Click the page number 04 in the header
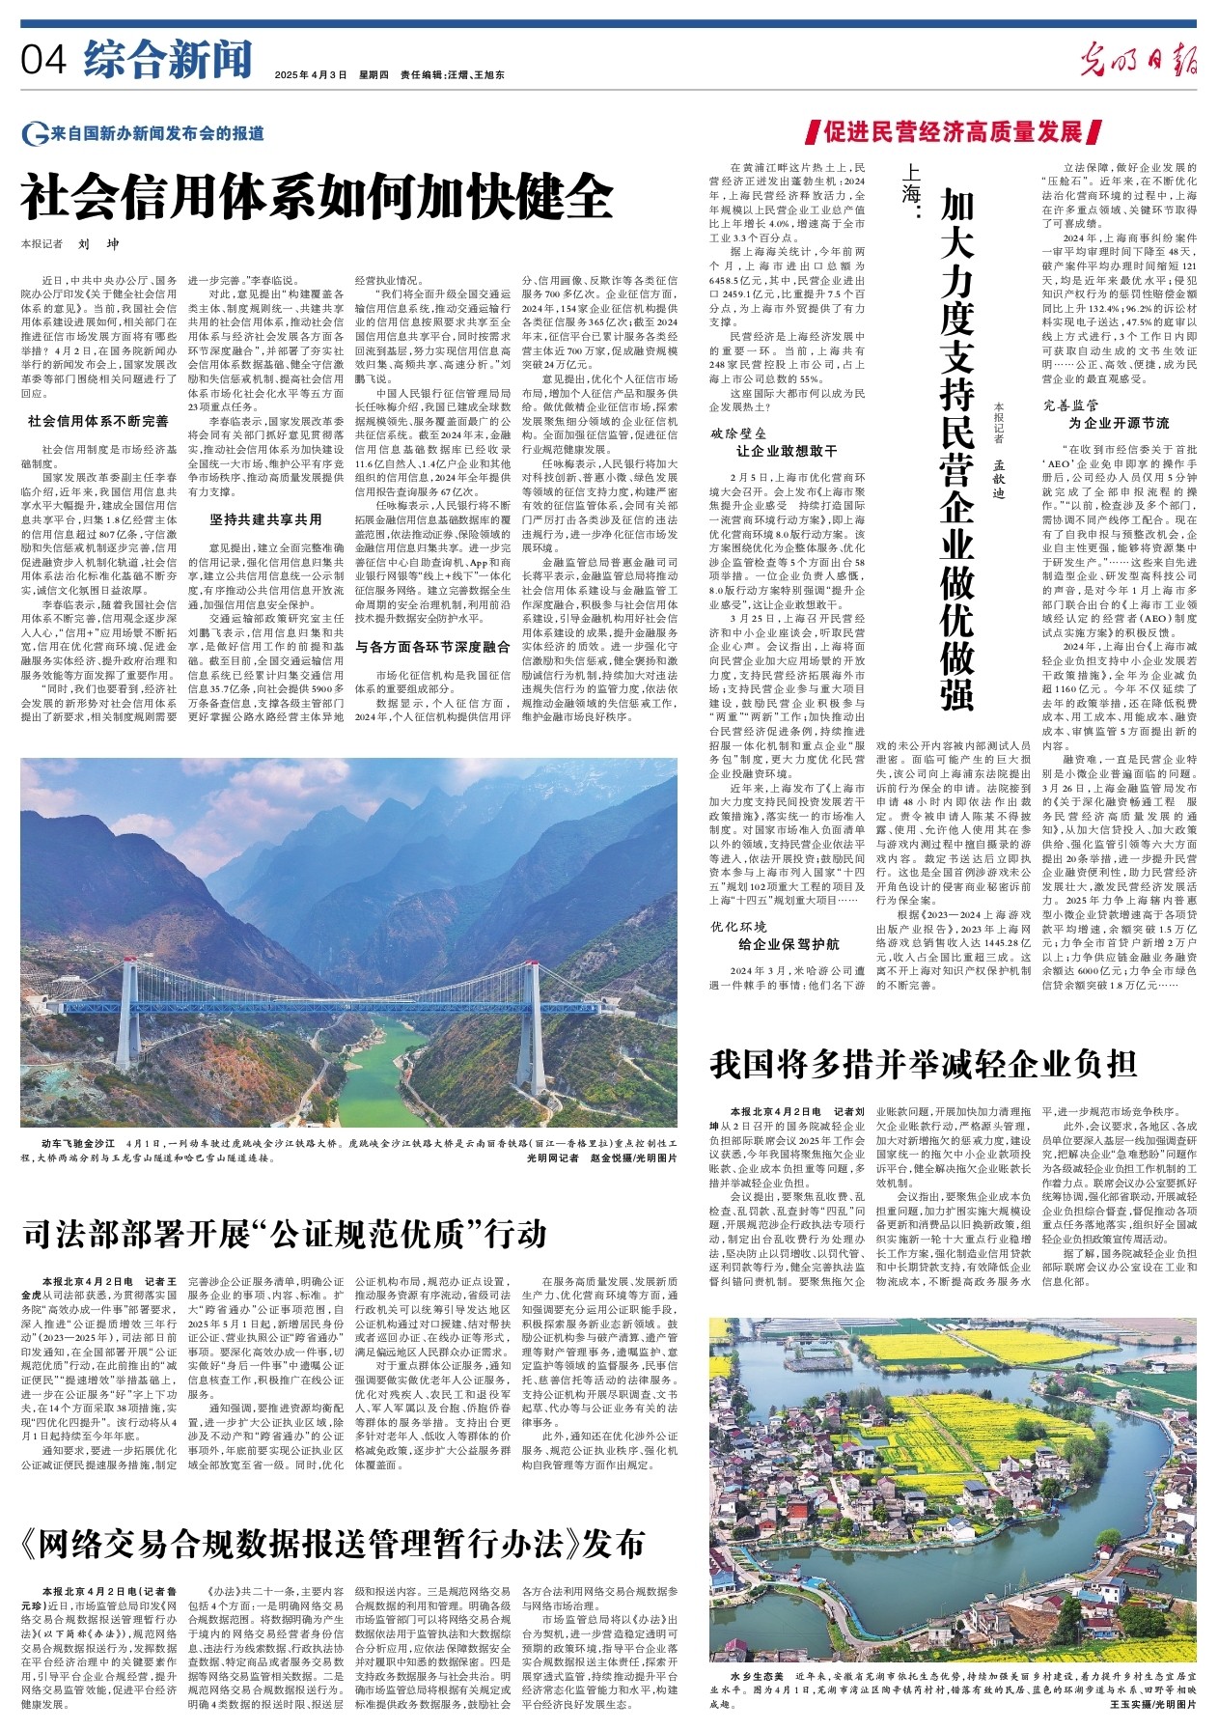click(x=43, y=60)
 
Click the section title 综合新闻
click(x=167, y=59)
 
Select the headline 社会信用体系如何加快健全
click(x=318, y=197)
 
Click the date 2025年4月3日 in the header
click(x=310, y=74)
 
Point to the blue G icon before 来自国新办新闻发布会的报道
click(x=36, y=134)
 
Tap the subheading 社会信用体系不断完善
click(x=97, y=421)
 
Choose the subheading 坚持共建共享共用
click(x=265, y=519)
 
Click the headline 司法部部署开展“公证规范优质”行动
click(x=285, y=1233)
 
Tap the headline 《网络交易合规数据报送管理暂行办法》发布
click(x=331, y=1544)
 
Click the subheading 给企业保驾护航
click(x=789, y=944)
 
